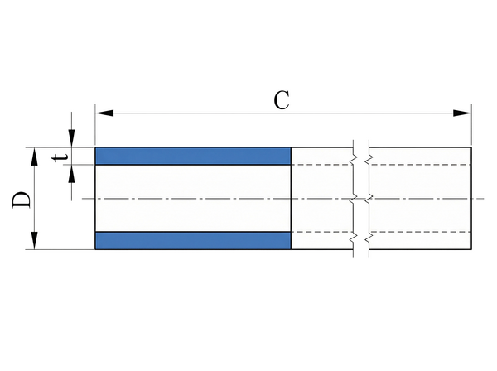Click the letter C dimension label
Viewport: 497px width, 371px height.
pos(282,100)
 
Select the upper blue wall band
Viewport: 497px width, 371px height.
pos(193,156)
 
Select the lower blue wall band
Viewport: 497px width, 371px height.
pos(193,240)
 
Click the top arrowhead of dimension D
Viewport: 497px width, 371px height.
pos(35,155)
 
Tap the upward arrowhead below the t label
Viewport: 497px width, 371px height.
pos(71,171)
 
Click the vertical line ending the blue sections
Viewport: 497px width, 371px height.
pos(292,199)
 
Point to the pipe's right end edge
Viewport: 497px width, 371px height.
pos(471,199)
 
